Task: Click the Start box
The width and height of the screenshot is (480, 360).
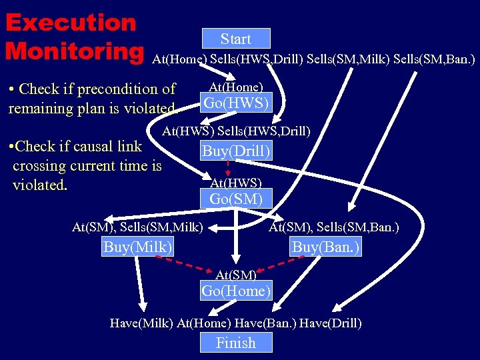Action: pyautogui.click(x=235, y=39)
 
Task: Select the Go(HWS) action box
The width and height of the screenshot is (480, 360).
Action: pyautogui.click(x=236, y=103)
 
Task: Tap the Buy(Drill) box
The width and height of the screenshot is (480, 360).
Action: pyautogui.click(x=237, y=151)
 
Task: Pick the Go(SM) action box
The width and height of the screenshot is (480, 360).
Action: pyautogui.click(x=236, y=198)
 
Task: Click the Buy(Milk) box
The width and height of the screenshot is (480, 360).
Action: pyautogui.click(x=138, y=247)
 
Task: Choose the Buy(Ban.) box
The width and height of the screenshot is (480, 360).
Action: pyautogui.click(x=326, y=247)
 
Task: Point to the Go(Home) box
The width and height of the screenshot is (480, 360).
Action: pyautogui.click(x=236, y=290)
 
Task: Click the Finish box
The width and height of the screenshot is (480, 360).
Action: pyautogui.click(x=235, y=343)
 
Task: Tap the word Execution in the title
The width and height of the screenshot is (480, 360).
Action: pyautogui.click(x=71, y=23)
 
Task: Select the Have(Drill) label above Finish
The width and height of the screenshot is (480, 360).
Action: pyautogui.click(x=331, y=323)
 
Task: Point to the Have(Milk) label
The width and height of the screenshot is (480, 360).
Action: pyautogui.click(x=141, y=323)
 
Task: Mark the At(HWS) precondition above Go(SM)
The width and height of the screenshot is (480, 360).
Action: pyautogui.click(x=236, y=183)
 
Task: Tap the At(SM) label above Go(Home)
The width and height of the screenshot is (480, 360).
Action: pyautogui.click(x=236, y=274)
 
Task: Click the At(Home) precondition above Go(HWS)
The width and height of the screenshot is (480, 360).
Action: pyautogui.click(x=236, y=87)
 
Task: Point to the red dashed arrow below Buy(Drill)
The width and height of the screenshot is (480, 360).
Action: pyautogui.click(x=227, y=167)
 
